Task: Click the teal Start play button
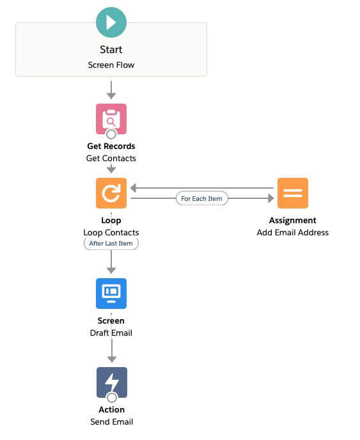(x=111, y=22)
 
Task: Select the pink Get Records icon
(x=111, y=119)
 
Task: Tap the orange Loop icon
(x=111, y=193)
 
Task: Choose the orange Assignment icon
(x=293, y=193)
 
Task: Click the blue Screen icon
(x=111, y=294)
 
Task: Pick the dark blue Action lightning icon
(x=112, y=382)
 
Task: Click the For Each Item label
(x=201, y=198)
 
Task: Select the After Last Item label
(x=111, y=243)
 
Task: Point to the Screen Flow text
(x=111, y=65)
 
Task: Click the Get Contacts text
(x=111, y=158)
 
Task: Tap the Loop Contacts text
(x=111, y=232)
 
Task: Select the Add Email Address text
(x=293, y=232)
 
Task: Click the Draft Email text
(x=111, y=333)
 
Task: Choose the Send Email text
(x=112, y=421)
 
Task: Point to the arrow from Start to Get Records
(x=111, y=90)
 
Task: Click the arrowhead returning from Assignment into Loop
(x=134, y=188)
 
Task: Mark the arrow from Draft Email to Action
(x=112, y=350)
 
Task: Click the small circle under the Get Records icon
(x=111, y=134)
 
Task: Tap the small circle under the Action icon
(x=112, y=398)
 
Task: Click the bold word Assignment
(x=293, y=221)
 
